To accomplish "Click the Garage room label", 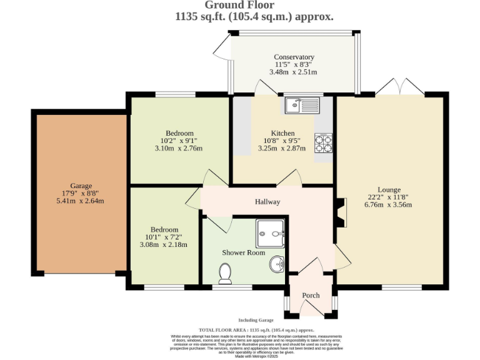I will coord(81,186).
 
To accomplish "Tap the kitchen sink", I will coord(302,106).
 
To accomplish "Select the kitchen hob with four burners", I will coord(323,144).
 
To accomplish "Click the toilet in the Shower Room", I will coord(226,273).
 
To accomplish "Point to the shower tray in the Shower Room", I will coord(270,234).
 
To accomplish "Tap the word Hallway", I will coord(267,202).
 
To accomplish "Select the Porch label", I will coord(311,296).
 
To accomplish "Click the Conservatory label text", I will coord(294,57).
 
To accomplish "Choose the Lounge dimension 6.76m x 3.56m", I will coord(388,205).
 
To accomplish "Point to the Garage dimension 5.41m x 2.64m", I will coord(81,201).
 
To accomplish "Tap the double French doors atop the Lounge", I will coord(399,88).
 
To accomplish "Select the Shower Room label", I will coord(244,252).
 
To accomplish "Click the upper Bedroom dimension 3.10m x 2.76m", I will coord(179,149).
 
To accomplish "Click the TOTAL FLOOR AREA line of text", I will coord(256,329).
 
